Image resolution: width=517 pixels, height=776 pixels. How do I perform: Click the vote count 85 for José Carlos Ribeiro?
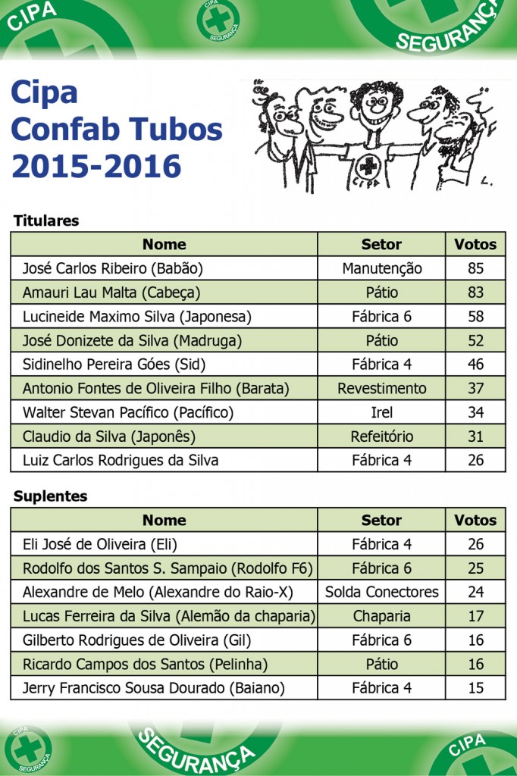[475, 268]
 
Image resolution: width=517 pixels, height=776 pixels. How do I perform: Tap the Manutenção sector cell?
[381, 268]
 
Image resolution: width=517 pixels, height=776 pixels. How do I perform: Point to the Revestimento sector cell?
[381, 389]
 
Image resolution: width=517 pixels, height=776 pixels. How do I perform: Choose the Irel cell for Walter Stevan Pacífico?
[381, 412]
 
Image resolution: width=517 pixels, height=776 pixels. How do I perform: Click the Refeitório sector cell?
[381, 436]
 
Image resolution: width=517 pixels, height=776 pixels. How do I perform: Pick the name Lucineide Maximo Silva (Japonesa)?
[136, 317]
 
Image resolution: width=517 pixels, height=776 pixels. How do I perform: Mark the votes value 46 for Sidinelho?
[475, 365]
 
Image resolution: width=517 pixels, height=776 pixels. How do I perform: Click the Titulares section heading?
[46, 221]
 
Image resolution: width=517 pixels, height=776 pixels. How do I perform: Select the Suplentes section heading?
[50, 496]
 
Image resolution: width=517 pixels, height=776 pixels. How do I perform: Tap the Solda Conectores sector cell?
[381, 592]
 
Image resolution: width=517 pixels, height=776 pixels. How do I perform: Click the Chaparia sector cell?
[381, 616]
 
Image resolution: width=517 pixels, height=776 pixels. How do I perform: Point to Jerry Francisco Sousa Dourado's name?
[153, 688]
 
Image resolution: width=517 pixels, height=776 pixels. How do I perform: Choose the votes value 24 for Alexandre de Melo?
[475, 592]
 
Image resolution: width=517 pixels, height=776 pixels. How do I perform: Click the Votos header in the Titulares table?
[475, 244]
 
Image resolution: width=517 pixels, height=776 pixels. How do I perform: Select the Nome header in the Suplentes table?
[164, 520]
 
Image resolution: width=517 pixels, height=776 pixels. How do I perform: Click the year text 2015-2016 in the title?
[96, 166]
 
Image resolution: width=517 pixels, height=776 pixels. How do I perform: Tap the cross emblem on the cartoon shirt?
[369, 166]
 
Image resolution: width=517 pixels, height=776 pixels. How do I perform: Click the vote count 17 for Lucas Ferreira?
[475, 616]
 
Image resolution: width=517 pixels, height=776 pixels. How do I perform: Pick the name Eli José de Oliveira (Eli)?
[99, 544]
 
